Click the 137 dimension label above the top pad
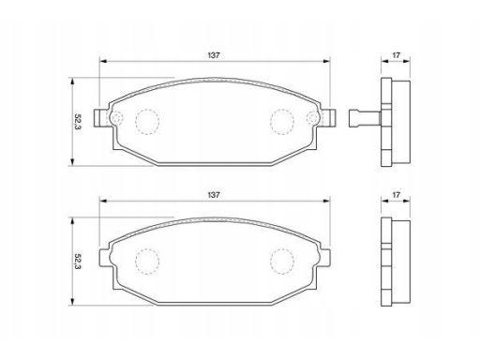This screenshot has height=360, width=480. click(x=214, y=55)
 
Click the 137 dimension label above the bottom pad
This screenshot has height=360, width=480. click(x=214, y=195)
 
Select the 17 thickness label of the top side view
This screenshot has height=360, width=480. click(x=396, y=55)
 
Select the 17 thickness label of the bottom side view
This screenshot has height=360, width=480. click(x=396, y=195)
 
